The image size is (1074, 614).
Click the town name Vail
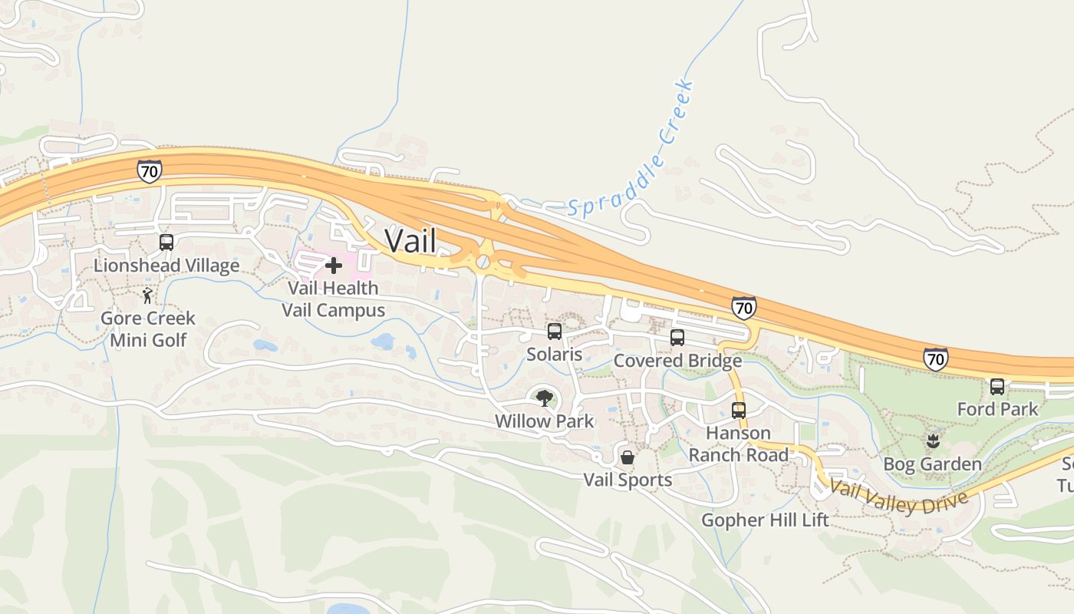[410, 241]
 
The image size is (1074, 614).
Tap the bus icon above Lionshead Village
[166, 243]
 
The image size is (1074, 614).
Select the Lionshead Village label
[166, 266]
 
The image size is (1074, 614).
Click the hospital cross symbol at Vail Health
[334, 266]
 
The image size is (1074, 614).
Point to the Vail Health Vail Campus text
[333, 299]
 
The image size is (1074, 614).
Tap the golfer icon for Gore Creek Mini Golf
[147, 295]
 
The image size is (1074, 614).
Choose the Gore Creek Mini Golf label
[148, 328]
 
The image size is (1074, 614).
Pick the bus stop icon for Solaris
[554, 332]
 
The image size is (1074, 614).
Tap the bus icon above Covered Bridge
[677, 338]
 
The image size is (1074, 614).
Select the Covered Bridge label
[677, 361]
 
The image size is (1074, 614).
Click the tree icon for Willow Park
[544, 398]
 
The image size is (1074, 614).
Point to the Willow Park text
[544, 421]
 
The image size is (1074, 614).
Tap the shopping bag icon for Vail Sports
[628, 458]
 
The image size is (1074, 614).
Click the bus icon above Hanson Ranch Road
[739, 410]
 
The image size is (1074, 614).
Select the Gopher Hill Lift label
[765, 520]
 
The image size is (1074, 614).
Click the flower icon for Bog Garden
[933, 441]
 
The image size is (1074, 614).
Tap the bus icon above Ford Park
[997, 387]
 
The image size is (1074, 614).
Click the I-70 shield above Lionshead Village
[149, 170]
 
